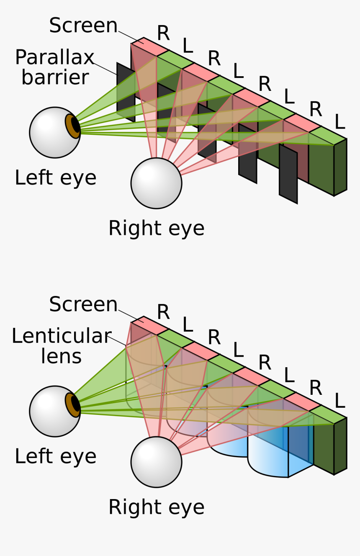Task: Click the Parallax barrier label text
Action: [54, 67]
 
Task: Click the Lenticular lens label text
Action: [61, 346]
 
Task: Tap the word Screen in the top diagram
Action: [83, 26]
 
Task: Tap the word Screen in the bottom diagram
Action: [83, 304]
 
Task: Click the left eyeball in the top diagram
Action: [50, 133]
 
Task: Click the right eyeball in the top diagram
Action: [156, 183]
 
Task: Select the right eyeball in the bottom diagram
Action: [156, 462]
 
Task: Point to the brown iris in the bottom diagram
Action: [72, 405]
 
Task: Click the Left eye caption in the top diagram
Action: [55, 178]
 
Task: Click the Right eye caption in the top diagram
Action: [156, 229]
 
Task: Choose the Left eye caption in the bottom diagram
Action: [55, 456]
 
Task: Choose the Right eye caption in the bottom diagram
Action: [156, 507]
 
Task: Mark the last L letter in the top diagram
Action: [339, 123]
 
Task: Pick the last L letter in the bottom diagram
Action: [339, 402]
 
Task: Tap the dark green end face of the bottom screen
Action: [340, 446]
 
